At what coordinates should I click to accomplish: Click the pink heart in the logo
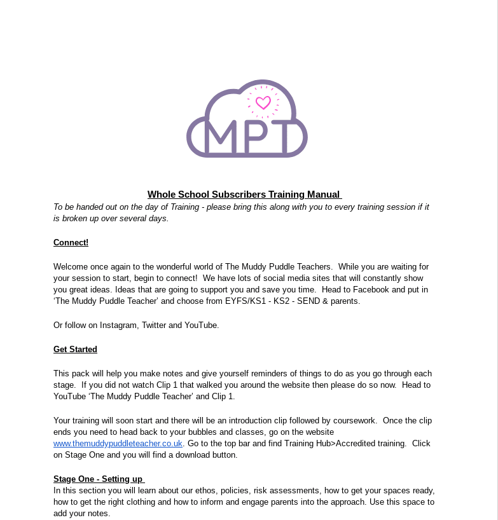click(263, 102)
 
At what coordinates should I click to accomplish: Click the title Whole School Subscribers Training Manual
click(245, 195)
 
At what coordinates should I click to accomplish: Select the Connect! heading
click(71, 242)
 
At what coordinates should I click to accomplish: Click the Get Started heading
click(75, 349)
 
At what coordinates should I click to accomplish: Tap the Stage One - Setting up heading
click(99, 479)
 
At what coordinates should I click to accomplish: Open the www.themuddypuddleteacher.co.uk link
click(118, 443)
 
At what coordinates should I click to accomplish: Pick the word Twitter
click(153, 325)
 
